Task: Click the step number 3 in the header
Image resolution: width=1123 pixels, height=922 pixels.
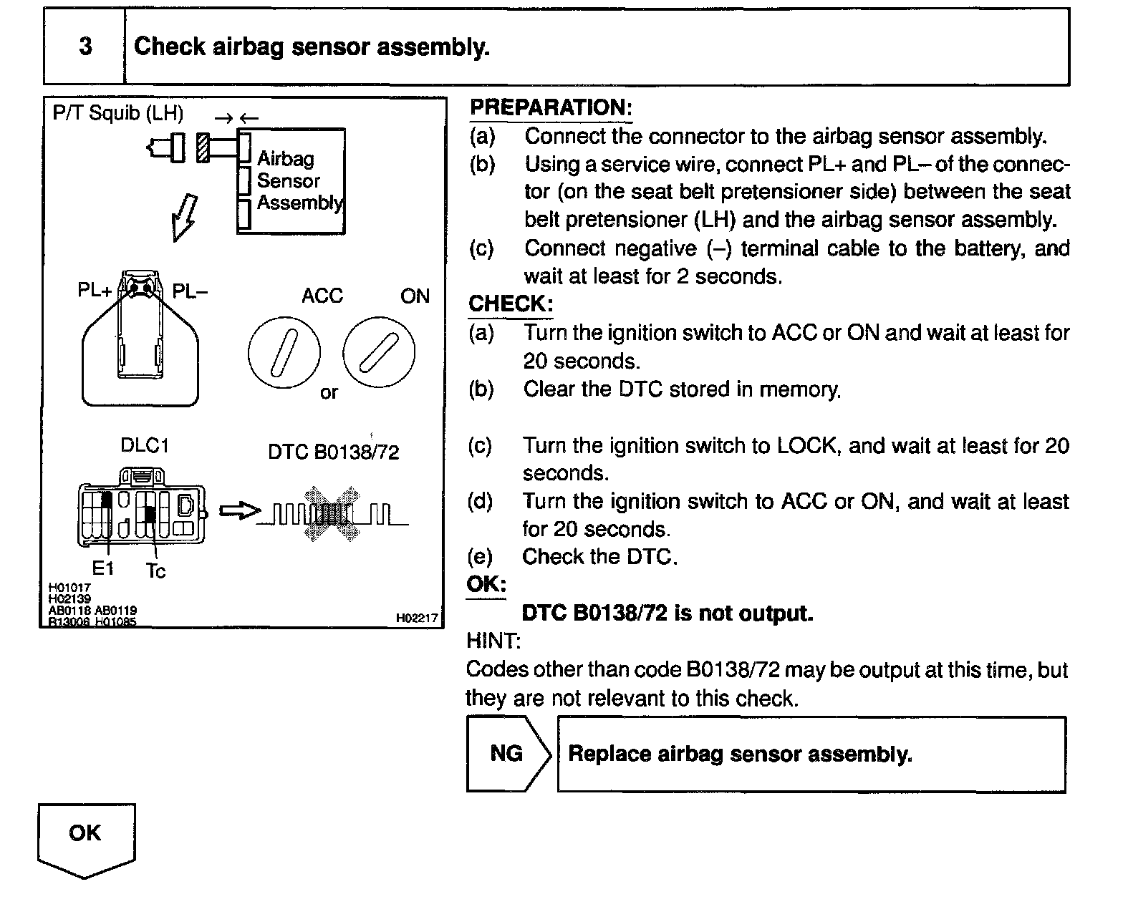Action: pyautogui.click(x=85, y=47)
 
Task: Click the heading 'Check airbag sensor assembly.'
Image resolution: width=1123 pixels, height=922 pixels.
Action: pyautogui.click(x=312, y=47)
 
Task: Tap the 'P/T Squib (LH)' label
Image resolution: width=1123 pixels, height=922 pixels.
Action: pyautogui.click(x=118, y=113)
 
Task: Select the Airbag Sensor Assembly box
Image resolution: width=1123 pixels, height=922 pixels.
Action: pyautogui.click(x=291, y=181)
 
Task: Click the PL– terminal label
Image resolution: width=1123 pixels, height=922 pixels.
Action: pyautogui.click(x=190, y=291)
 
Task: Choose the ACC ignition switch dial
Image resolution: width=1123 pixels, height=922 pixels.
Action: pyautogui.click(x=284, y=352)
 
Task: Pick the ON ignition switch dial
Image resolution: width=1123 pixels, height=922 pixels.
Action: pyautogui.click(x=379, y=352)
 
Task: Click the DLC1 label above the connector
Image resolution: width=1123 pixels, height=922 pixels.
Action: pyautogui.click(x=145, y=445)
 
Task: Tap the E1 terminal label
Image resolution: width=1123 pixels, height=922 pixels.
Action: pyautogui.click(x=103, y=568)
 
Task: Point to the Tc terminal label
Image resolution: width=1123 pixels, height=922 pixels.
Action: pyautogui.click(x=155, y=571)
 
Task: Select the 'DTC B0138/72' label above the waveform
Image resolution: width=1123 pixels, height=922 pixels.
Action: pyautogui.click(x=333, y=452)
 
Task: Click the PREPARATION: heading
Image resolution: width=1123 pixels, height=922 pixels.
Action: pyautogui.click(x=551, y=108)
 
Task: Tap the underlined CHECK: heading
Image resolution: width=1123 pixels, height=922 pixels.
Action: pyautogui.click(x=510, y=304)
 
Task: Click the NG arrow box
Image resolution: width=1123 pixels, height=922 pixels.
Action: pyautogui.click(x=507, y=754)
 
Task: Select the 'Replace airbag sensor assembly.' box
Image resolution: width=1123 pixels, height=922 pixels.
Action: pyautogui.click(x=811, y=754)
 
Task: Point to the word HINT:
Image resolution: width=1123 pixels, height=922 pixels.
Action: pyautogui.click(x=493, y=640)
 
